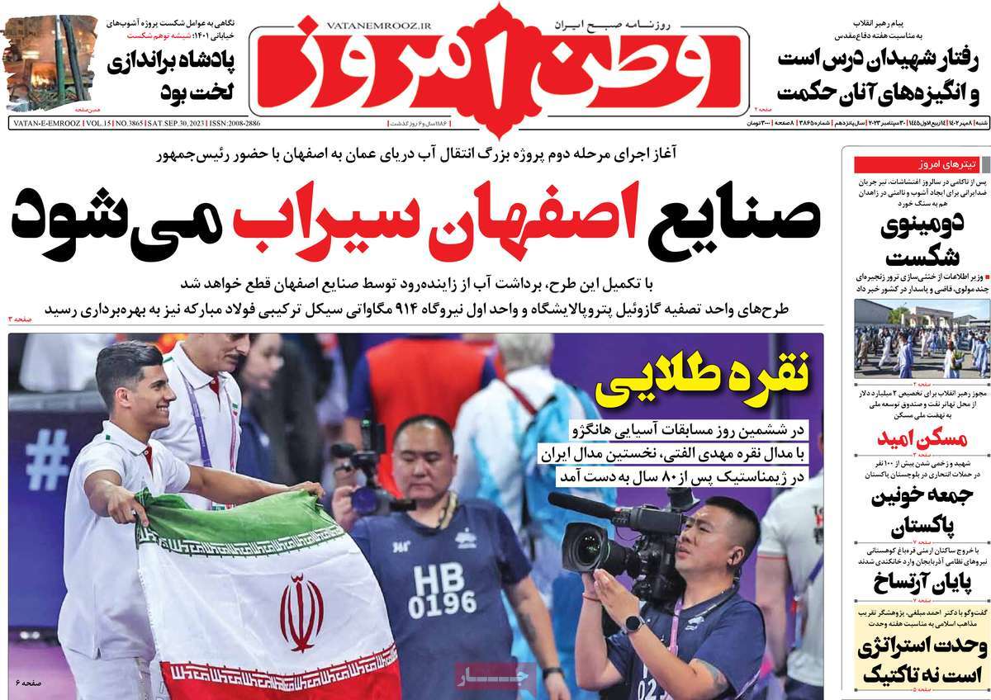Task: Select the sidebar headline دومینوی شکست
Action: (915, 239)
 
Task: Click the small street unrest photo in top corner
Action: (50, 62)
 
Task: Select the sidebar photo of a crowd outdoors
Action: (915, 338)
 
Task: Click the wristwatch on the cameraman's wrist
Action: (633, 623)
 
